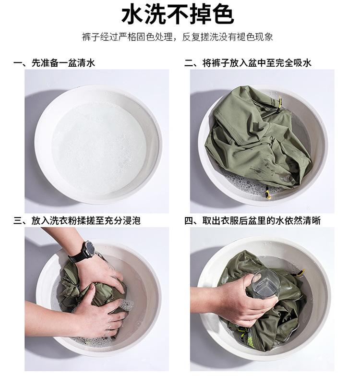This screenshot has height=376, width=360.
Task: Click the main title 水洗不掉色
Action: (178, 15)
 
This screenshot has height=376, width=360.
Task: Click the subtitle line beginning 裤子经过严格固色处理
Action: (178, 37)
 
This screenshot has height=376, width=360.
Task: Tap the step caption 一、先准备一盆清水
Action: (54, 63)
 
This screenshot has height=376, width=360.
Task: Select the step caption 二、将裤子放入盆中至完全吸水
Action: (248, 63)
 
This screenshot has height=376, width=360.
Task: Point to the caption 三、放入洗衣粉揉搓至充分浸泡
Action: (77, 220)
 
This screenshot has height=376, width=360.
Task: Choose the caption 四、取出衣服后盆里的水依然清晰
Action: (252, 220)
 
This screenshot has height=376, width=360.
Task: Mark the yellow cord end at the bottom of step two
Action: (268, 193)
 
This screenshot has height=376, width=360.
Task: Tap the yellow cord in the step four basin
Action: (300, 273)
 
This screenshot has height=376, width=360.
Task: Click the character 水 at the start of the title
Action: (132, 15)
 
